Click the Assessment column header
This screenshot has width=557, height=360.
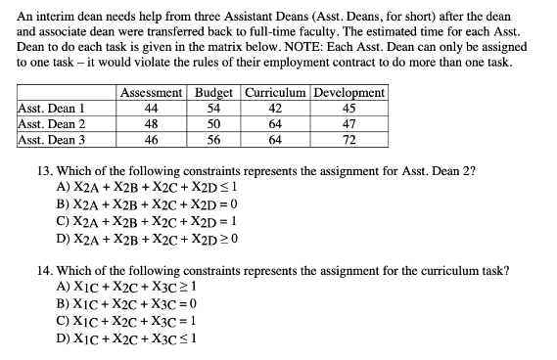tap(152, 93)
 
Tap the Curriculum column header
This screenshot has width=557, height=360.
tap(276, 93)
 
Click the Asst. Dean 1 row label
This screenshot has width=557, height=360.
tap(52, 109)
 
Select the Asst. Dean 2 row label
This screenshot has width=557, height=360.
tap(52, 124)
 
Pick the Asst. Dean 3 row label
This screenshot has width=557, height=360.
tap(52, 140)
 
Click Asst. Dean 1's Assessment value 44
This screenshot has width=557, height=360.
tap(152, 109)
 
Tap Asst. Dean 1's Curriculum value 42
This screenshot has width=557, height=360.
tap(276, 109)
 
